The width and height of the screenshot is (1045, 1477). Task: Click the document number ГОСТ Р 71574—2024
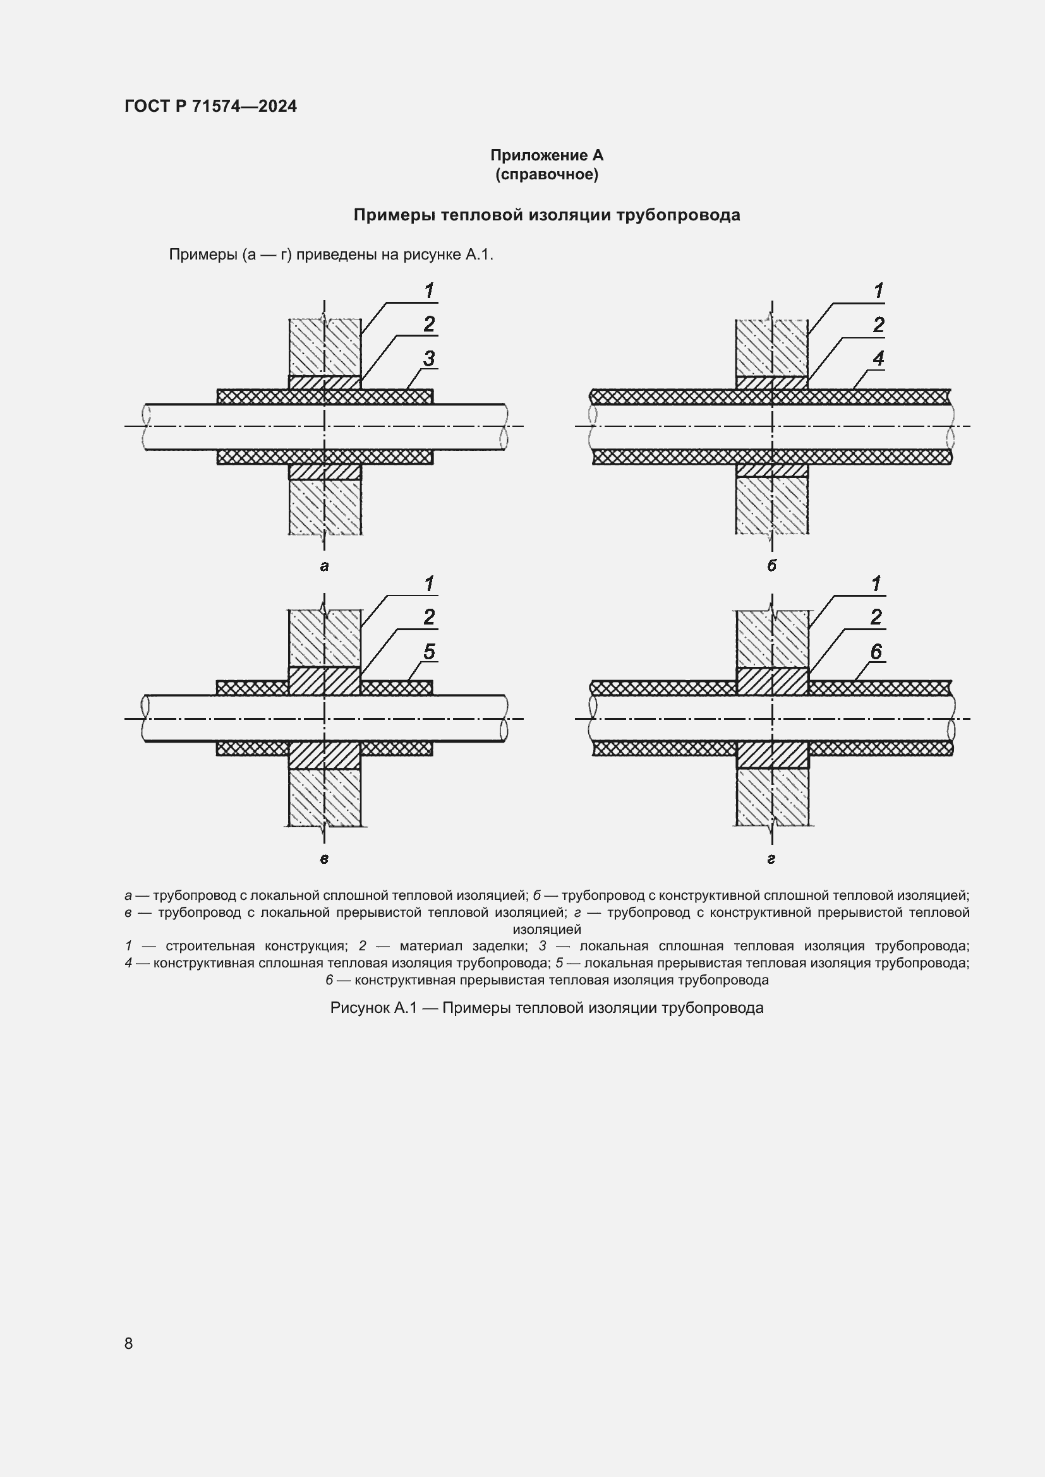pyautogui.click(x=210, y=106)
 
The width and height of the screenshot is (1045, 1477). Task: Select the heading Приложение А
pyautogui.click(x=547, y=155)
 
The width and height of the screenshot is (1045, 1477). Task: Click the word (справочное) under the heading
pyautogui.click(x=547, y=174)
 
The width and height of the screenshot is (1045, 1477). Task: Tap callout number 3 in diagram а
pyautogui.click(x=428, y=358)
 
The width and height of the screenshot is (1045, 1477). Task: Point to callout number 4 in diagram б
pyautogui.click(x=878, y=358)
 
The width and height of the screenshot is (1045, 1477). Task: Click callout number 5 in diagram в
pyautogui.click(x=428, y=652)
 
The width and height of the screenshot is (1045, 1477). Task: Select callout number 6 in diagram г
pyautogui.click(x=876, y=652)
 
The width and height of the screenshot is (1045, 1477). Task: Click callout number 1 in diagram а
pyautogui.click(x=428, y=290)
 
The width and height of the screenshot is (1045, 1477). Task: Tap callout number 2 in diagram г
pyautogui.click(x=876, y=617)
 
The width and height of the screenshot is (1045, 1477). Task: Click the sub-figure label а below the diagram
pyautogui.click(x=323, y=566)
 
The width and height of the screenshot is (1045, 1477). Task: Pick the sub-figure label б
pyautogui.click(x=771, y=565)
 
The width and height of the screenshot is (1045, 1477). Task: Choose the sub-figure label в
pyautogui.click(x=323, y=859)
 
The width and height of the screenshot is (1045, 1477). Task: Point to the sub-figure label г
pyautogui.click(x=771, y=859)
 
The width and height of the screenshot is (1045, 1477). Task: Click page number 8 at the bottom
pyautogui.click(x=129, y=1343)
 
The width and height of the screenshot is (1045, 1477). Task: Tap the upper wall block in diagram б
pyautogui.click(x=771, y=347)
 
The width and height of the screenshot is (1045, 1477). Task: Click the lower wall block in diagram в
pyautogui.click(x=324, y=798)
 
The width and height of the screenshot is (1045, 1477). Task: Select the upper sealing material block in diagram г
pyautogui.click(x=771, y=681)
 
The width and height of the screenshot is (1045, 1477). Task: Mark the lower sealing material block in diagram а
pyautogui.click(x=324, y=472)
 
